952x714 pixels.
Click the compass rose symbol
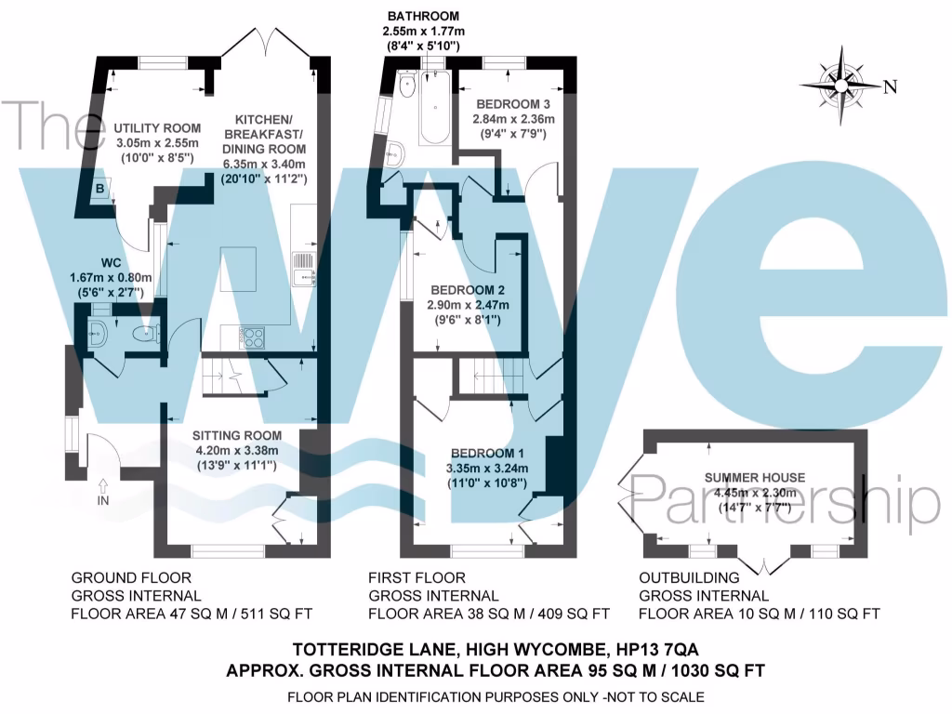843,86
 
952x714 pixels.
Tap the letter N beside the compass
890,87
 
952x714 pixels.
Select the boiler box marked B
99,189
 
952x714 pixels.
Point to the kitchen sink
302,267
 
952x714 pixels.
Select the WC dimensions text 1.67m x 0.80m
109,277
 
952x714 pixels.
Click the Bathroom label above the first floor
424,17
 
